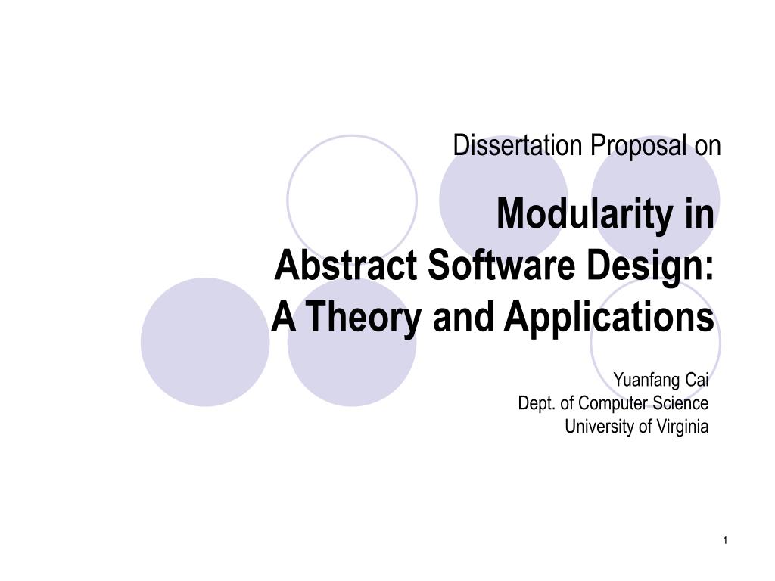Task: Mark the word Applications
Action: tap(609, 318)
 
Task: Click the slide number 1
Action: tap(724, 539)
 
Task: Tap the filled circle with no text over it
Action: tap(205, 342)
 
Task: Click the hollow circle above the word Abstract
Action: tap(351, 189)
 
